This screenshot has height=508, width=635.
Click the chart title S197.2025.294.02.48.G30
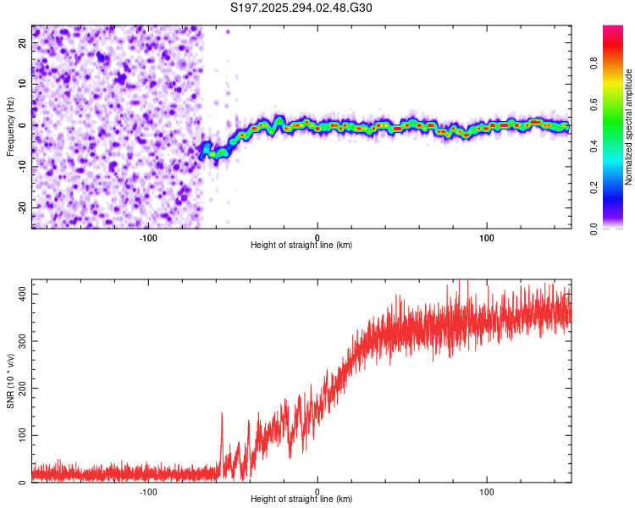click(x=301, y=8)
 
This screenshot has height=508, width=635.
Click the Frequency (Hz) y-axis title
click(x=10, y=127)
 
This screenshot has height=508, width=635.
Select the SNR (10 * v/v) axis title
click(x=10, y=382)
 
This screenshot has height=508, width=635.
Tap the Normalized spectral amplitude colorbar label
click(x=629, y=127)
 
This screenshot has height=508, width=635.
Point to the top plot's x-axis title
click(x=301, y=245)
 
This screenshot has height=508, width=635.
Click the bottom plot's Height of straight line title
click(x=301, y=499)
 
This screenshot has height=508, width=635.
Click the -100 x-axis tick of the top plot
click(x=148, y=236)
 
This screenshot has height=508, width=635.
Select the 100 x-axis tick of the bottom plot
click(x=487, y=490)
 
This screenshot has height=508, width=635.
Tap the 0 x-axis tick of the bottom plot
click(x=317, y=490)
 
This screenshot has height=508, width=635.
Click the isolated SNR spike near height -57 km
click(x=222, y=414)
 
